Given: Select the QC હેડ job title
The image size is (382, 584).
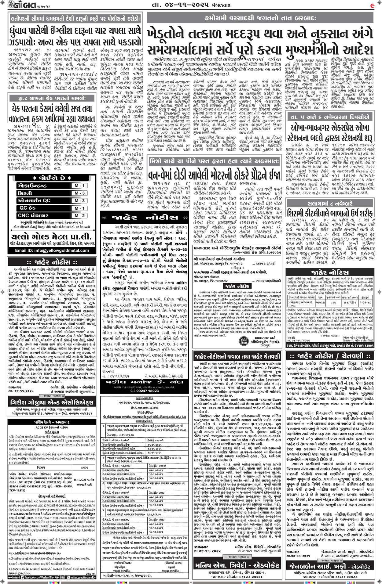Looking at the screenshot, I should [x=28, y=208].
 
